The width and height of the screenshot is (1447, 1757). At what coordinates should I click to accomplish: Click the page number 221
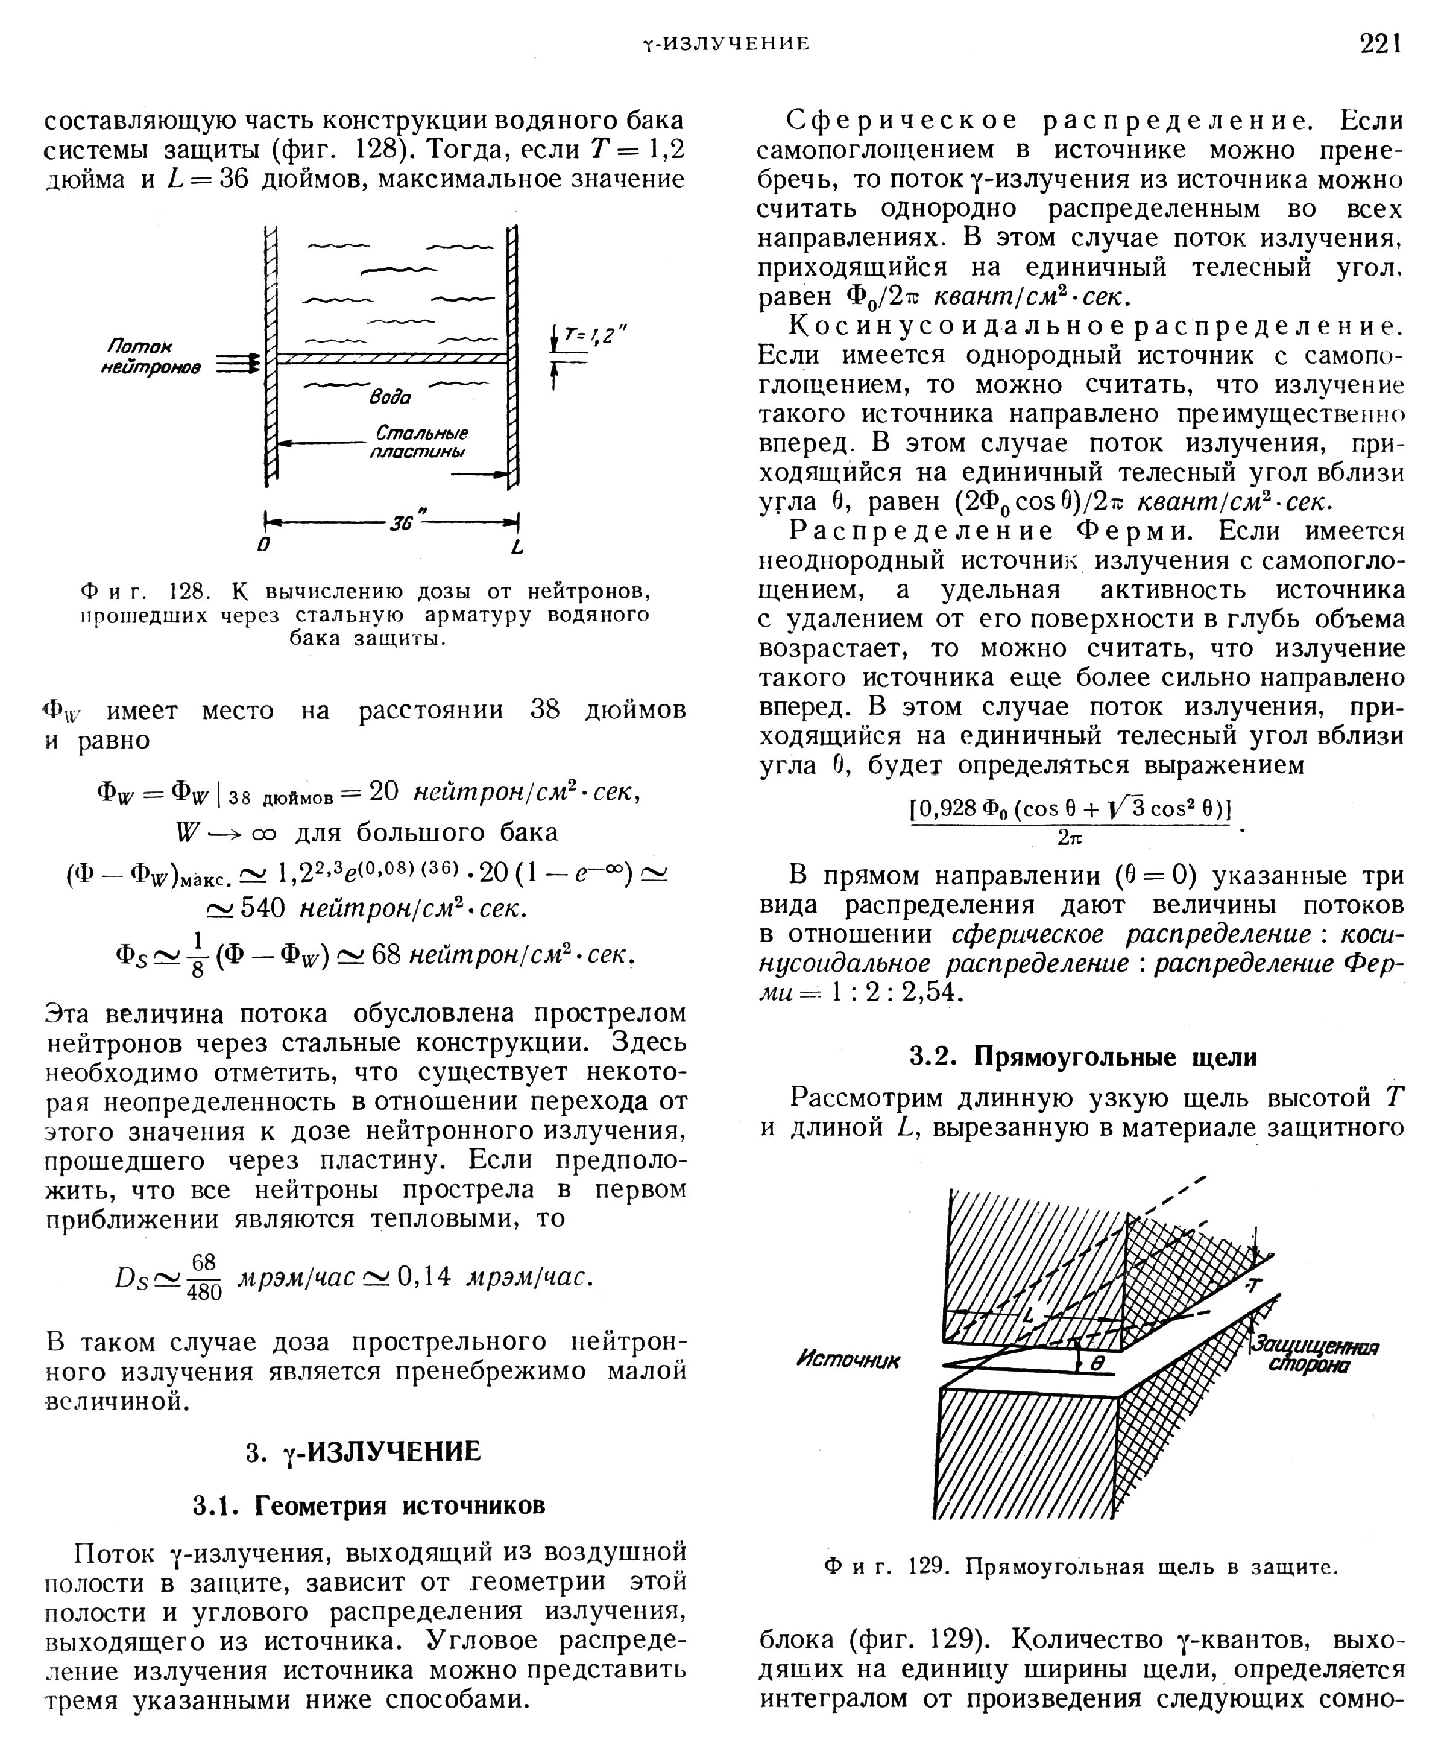point(1380,43)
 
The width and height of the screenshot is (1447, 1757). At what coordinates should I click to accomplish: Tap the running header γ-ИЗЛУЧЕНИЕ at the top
point(724,43)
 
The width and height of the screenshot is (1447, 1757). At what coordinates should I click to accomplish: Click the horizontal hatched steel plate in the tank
point(392,358)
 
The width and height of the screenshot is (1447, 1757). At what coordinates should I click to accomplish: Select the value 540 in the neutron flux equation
point(262,907)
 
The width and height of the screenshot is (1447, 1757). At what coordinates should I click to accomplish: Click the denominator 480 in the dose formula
point(204,1292)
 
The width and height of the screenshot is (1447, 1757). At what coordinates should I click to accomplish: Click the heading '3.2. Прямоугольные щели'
point(1082,1057)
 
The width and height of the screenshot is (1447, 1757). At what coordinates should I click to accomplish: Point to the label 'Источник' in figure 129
point(848,1360)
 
